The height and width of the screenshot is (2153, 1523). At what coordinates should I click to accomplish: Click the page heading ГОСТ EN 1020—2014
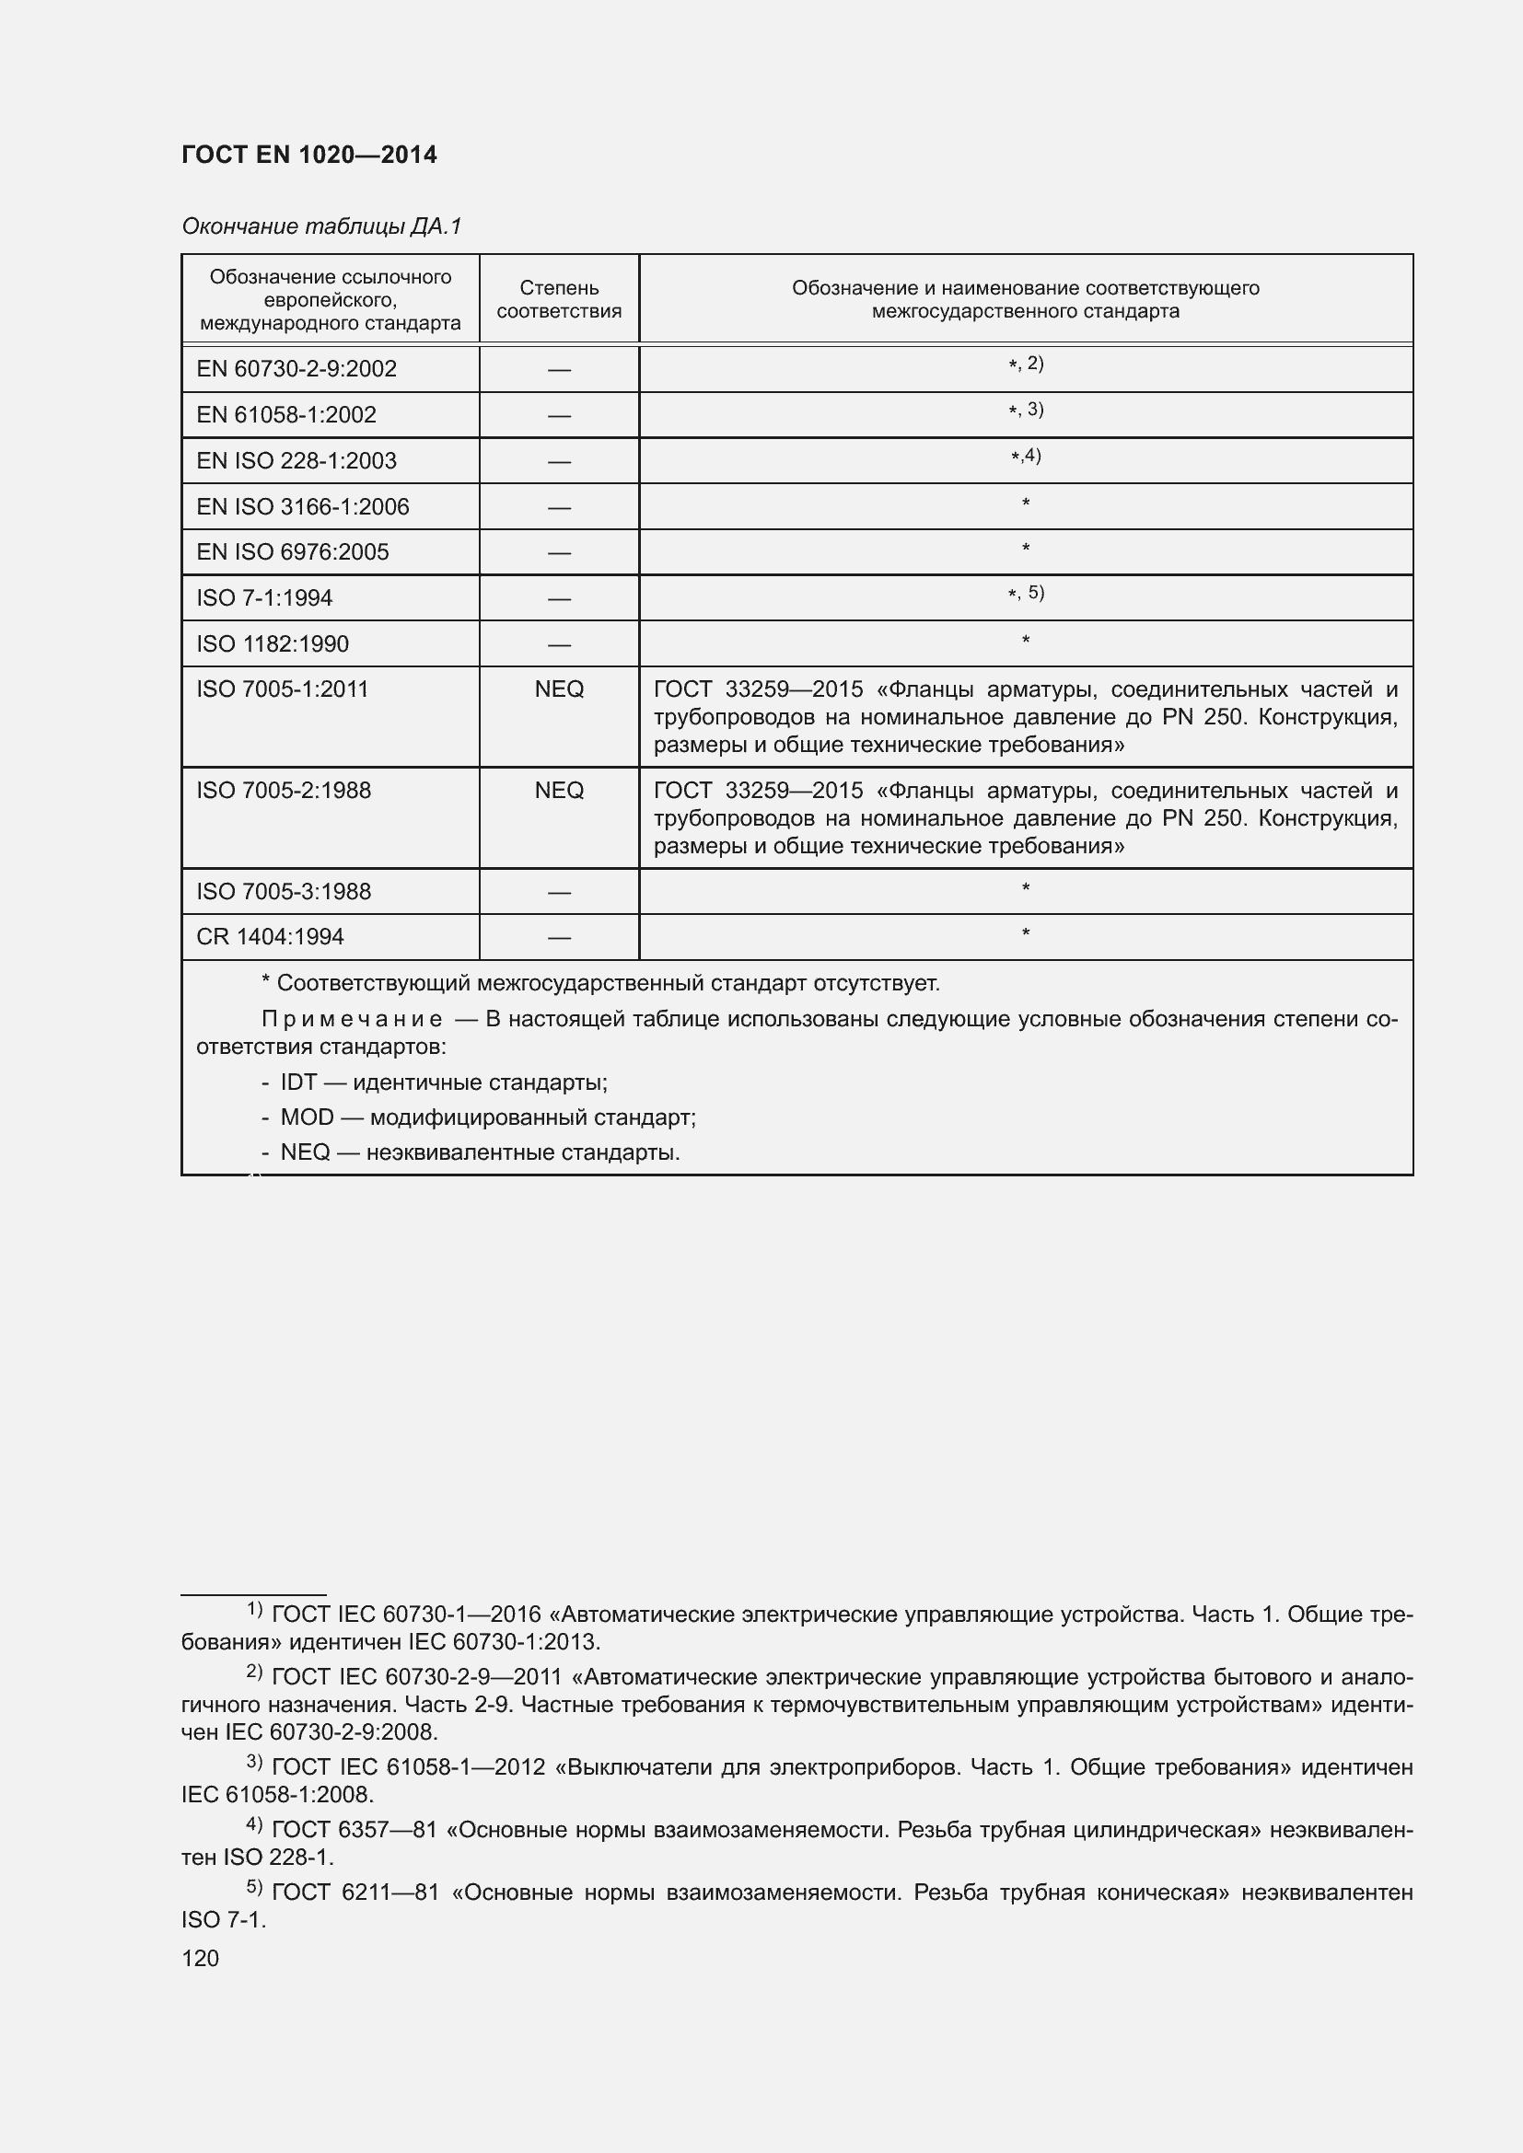[308, 155]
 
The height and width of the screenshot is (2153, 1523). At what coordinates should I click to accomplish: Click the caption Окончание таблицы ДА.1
[320, 226]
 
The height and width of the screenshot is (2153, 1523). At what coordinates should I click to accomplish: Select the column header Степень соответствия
[559, 299]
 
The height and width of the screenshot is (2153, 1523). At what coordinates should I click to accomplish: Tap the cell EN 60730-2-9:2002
[296, 368]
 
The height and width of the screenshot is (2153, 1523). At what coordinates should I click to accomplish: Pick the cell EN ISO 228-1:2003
[296, 460]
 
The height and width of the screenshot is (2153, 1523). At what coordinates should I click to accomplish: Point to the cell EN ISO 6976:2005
[293, 551]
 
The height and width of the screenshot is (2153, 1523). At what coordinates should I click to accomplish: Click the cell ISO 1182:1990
[272, 644]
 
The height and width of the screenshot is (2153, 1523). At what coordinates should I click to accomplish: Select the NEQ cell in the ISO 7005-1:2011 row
[559, 689]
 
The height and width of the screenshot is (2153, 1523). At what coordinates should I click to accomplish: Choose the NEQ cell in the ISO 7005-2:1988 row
[559, 791]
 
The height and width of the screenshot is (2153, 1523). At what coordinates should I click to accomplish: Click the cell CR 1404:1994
[270, 937]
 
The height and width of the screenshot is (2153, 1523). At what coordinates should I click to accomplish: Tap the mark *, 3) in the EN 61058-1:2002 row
[1025, 410]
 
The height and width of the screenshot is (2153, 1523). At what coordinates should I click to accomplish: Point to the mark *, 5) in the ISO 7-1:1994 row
[1025, 593]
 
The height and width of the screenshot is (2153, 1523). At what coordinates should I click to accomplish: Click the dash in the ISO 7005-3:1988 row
[559, 892]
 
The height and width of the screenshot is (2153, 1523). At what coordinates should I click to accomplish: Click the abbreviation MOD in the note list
[307, 1117]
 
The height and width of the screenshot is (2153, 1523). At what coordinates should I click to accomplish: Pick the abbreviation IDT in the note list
[298, 1082]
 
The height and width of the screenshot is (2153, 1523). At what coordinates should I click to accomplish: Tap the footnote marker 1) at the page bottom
[254, 1610]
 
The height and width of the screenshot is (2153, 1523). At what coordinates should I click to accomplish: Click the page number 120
[200, 1958]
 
